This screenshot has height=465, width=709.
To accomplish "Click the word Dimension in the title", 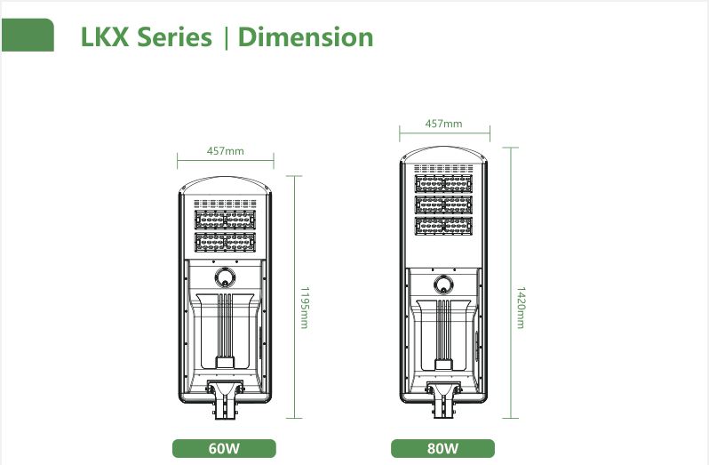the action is point(306,36).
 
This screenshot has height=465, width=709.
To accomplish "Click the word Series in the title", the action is point(174,36).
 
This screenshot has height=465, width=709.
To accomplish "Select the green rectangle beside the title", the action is point(28,35).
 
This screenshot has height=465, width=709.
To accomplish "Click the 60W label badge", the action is point(224,448).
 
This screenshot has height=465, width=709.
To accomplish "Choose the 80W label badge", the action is point(442,448).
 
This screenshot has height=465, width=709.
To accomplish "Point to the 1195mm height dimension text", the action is point(305,308).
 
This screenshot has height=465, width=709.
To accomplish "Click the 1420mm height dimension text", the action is point(521,308).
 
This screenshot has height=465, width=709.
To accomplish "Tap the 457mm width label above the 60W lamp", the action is point(225,150).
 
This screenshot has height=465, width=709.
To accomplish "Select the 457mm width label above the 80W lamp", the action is point(443,124).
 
